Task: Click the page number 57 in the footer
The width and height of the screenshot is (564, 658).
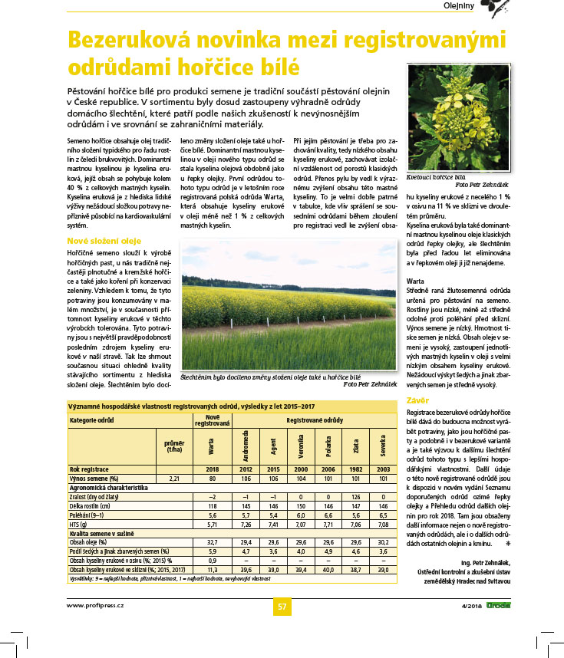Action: (x=282, y=607)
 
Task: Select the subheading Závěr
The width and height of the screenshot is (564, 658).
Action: (x=417, y=400)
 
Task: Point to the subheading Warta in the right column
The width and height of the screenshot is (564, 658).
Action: (x=415, y=281)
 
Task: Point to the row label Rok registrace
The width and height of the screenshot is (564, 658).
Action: (x=90, y=468)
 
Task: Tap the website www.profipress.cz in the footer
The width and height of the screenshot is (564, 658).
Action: (x=95, y=605)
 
